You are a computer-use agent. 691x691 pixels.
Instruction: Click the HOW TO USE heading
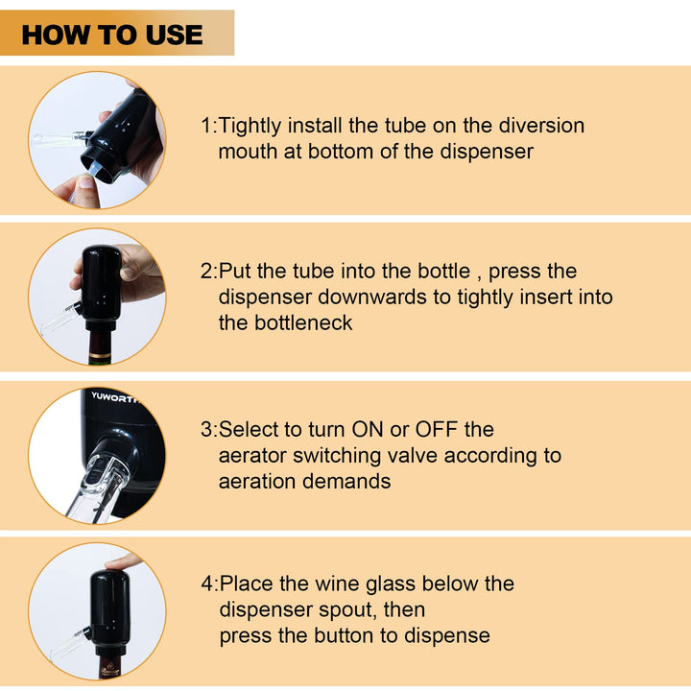(x=112, y=35)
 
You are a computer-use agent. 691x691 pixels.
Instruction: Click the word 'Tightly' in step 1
(x=250, y=126)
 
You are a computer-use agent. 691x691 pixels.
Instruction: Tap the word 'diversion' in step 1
(x=541, y=126)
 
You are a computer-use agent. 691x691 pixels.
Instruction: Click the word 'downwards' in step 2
(x=372, y=297)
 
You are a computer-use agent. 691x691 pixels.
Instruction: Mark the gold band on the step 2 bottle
(x=101, y=355)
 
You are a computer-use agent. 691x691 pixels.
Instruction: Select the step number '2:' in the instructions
(x=209, y=272)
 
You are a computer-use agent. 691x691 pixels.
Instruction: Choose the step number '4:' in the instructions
(x=210, y=584)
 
